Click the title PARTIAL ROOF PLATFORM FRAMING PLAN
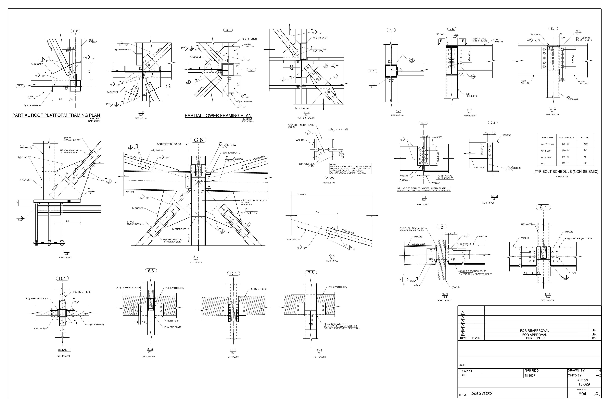click(x=56, y=115)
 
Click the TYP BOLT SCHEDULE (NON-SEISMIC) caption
click(x=566, y=172)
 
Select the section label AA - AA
click(x=329, y=178)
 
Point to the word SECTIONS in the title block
click(x=481, y=393)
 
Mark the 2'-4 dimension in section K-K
click(x=317, y=212)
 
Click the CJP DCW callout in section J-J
click(x=231, y=145)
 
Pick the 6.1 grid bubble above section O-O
click(x=543, y=207)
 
